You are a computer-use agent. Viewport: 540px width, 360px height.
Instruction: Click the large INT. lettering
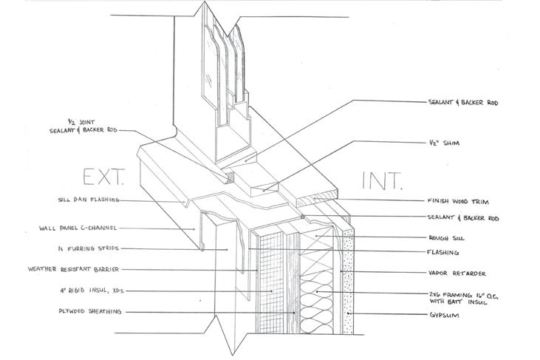coord(380,180)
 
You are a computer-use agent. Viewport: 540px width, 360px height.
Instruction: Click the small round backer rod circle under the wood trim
coord(303,217)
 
